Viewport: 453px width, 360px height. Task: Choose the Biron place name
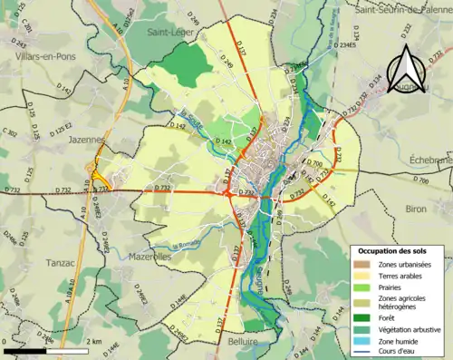(x=417, y=209)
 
